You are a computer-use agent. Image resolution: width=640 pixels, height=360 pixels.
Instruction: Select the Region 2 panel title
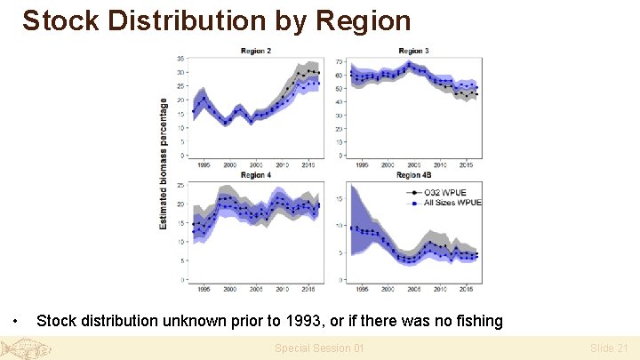(256, 51)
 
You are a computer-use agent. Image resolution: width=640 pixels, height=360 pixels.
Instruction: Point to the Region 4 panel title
(256, 175)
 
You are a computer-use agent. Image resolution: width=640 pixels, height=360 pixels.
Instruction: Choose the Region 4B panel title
(414, 175)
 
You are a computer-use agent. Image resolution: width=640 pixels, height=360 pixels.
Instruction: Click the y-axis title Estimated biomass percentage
(164, 164)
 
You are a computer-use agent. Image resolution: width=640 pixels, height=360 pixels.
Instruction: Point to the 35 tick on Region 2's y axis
(180, 59)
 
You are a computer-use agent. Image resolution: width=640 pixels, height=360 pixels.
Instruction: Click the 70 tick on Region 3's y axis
(339, 61)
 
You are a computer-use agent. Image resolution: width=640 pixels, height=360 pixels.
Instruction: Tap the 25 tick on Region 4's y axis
(180, 185)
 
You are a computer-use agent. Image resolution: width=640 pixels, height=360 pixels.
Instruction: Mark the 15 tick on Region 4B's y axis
(339, 198)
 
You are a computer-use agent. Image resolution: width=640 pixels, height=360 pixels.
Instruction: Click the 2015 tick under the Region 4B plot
(465, 289)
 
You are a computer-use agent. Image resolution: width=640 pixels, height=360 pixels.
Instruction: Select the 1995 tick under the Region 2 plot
(204, 164)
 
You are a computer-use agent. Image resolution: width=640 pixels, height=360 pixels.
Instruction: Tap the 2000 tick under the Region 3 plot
(388, 164)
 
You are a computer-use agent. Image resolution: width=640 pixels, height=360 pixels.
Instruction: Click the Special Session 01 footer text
(319, 348)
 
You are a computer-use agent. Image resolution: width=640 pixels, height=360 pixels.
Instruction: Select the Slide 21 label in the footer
(609, 348)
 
